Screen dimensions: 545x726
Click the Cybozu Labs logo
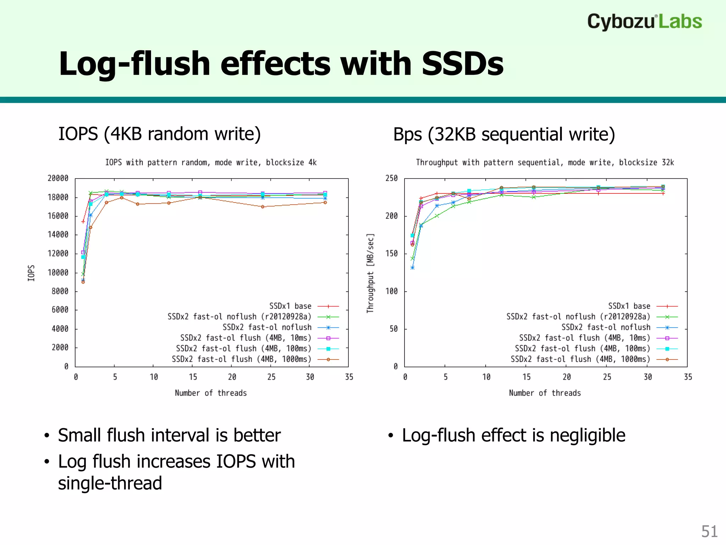pyautogui.click(x=644, y=22)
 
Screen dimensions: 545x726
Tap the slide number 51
pyautogui.click(x=709, y=532)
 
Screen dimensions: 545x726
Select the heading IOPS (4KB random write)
pyautogui.click(x=159, y=134)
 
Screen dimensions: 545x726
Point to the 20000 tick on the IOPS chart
pyautogui.click(x=58, y=178)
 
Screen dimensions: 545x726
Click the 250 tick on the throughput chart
pyautogui.click(x=391, y=178)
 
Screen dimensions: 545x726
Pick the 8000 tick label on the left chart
pyautogui.click(x=60, y=291)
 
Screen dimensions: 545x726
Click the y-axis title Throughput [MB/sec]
pyautogui.click(x=370, y=273)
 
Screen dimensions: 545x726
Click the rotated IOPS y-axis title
pyautogui.click(x=31, y=273)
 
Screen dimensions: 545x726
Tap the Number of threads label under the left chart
pyautogui.click(x=211, y=393)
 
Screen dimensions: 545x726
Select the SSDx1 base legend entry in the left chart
pyautogui.click(x=290, y=306)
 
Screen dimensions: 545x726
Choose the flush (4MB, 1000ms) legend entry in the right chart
pyautogui.click(x=580, y=359)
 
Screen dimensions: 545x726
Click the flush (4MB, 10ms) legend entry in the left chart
pyautogui.click(x=245, y=338)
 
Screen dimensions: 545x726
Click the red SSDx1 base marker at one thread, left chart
pyautogui.click(x=83, y=221)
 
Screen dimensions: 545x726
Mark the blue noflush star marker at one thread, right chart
pyautogui.click(x=412, y=268)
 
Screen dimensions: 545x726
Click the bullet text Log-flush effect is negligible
pyautogui.click(x=513, y=435)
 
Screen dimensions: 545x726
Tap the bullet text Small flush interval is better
pyautogui.click(x=169, y=435)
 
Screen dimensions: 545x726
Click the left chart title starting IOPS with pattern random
pyautogui.click(x=211, y=163)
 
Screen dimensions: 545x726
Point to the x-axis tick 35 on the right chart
pyautogui.click(x=688, y=377)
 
